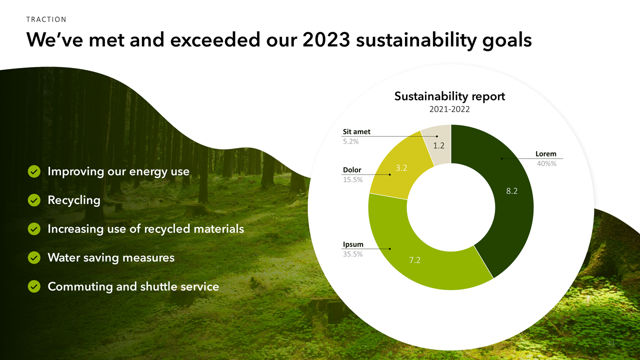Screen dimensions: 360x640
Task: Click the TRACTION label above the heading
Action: [x=46, y=19]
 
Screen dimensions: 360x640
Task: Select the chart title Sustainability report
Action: [x=449, y=96]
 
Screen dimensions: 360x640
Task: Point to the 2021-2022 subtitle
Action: [x=449, y=109]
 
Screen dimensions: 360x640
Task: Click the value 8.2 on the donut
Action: [x=512, y=190]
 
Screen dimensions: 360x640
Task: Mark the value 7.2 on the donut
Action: [x=414, y=260]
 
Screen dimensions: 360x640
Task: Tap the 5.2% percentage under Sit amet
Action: [x=350, y=141]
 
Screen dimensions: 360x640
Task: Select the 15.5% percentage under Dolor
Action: [x=352, y=179]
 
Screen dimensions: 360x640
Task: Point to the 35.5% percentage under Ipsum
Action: [x=352, y=254]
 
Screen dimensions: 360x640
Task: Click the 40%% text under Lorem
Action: [x=546, y=163]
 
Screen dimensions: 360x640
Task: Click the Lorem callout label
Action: [x=545, y=154]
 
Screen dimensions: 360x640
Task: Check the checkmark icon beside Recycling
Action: [x=33, y=200]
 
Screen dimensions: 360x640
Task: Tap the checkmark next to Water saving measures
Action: [x=33, y=258]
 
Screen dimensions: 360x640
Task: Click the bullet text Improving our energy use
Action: [x=118, y=171]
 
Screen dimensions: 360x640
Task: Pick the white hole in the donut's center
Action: [x=451, y=207]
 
